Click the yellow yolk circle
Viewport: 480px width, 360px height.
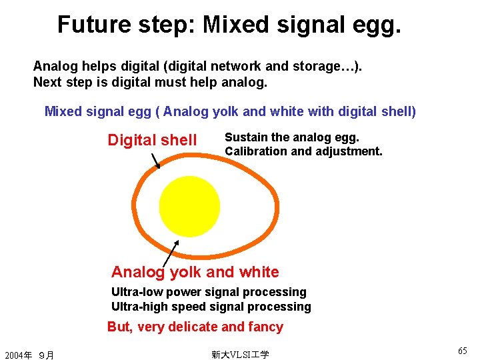click(189, 206)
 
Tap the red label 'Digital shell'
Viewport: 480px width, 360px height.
click(152, 140)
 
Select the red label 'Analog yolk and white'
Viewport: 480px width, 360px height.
click(195, 272)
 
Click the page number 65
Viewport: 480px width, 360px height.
click(463, 351)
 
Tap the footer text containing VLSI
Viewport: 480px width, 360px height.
click(240, 355)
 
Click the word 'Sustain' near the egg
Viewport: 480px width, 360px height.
click(247, 137)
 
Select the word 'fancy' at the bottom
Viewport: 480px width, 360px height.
click(265, 327)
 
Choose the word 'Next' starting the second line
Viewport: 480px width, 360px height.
click(46, 83)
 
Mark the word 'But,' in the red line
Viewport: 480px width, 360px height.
click(120, 327)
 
